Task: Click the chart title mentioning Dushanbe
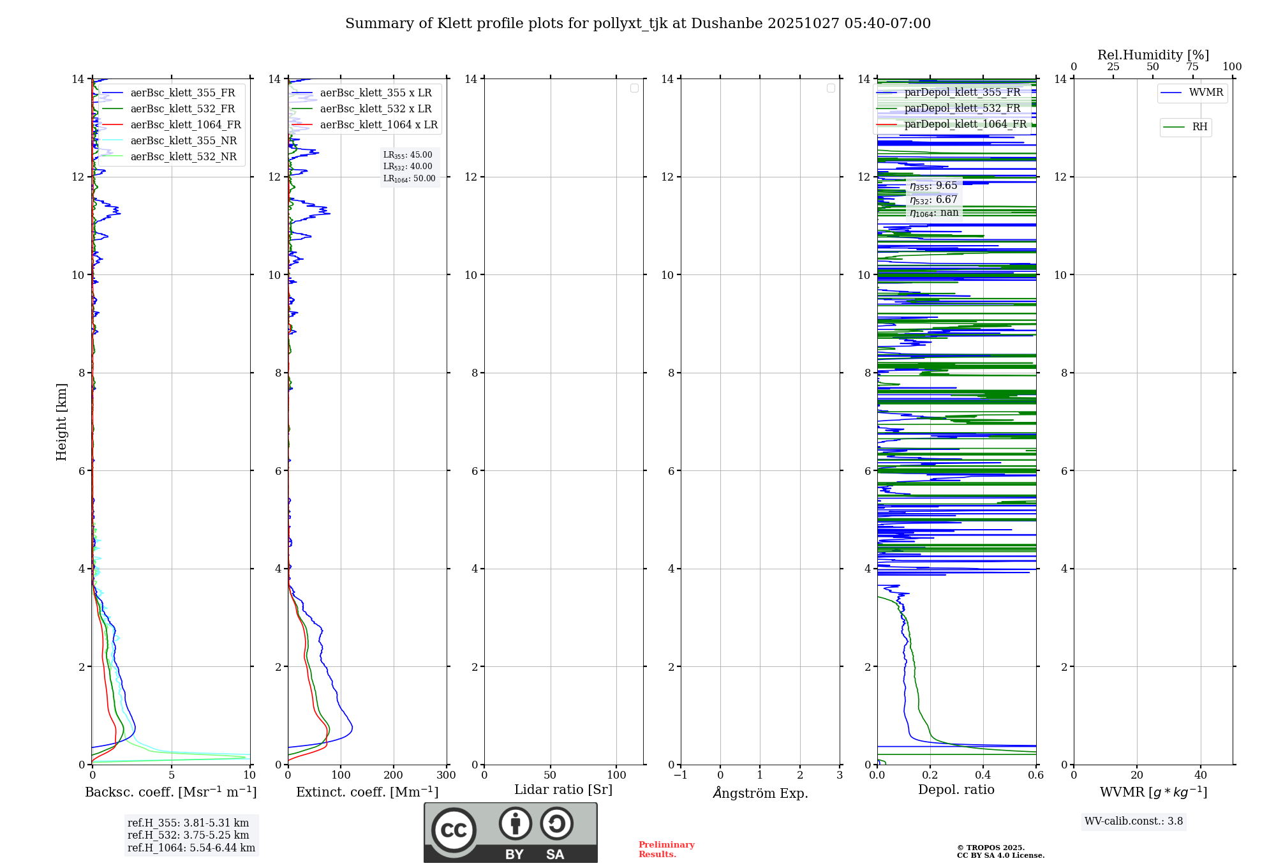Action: point(638,24)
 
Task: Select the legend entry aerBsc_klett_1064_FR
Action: point(186,125)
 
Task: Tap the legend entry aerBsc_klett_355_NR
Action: point(184,141)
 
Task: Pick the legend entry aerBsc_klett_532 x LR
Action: point(376,109)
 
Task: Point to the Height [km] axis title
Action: point(61,422)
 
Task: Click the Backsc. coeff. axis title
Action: point(171,792)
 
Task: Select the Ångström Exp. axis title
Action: point(760,793)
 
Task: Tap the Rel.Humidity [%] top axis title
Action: point(1153,55)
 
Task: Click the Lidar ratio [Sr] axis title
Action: point(563,790)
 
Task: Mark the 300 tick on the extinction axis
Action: point(447,775)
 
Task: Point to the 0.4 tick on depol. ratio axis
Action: point(983,775)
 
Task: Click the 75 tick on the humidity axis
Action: point(1192,67)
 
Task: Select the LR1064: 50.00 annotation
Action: point(410,179)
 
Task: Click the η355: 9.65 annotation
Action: point(933,186)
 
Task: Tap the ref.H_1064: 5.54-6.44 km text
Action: point(191,848)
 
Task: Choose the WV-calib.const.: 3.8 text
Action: point(1134,821)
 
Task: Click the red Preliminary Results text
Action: point(666,849)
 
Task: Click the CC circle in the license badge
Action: point(454,830)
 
